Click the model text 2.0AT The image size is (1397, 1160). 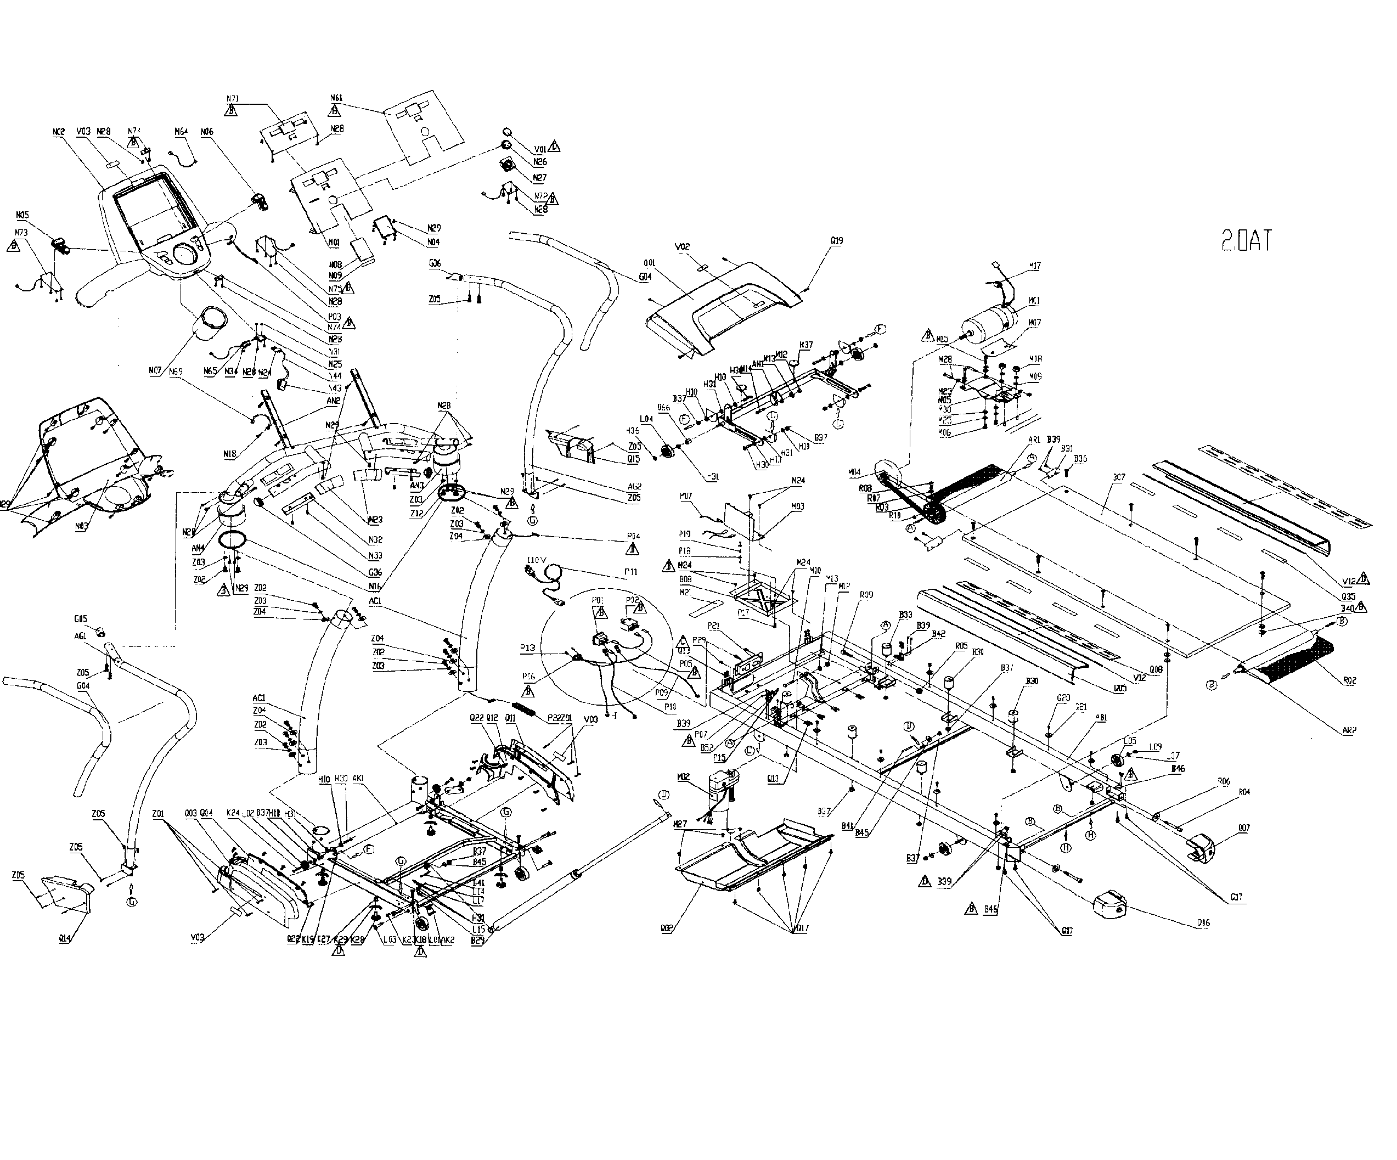1246,240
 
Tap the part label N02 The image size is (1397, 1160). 59,132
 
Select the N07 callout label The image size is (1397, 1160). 155,370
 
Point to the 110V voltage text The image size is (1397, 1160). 536,561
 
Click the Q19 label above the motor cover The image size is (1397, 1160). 837,241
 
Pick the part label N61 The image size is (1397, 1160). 336,98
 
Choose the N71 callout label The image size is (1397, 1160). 232,99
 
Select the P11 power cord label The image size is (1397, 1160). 630,571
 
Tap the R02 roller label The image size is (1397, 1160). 1349,680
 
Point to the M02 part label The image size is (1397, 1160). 683,777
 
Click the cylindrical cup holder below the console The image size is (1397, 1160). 212,325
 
